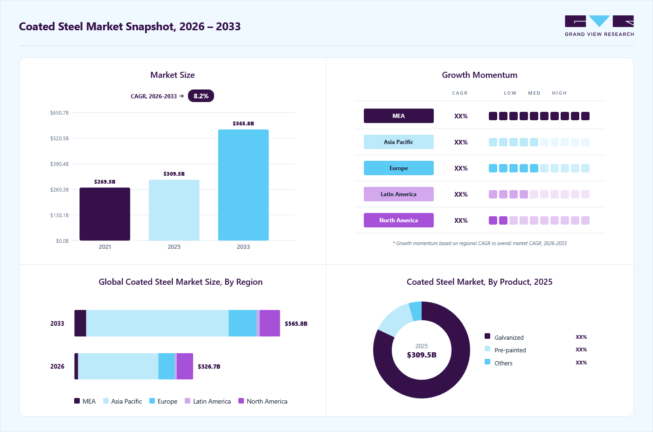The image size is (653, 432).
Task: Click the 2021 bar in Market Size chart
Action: coord(104,214)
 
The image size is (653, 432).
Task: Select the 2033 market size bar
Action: coord(243,185)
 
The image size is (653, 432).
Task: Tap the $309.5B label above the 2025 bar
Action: coord(174,174)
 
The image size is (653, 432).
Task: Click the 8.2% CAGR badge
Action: coord(201,96)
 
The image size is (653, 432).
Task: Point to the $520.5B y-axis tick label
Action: coord(60,138)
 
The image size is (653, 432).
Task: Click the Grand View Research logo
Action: coord(599,26)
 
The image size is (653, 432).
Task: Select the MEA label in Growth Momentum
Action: coord(398,116)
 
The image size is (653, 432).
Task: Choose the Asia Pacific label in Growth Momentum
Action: coord(398,142)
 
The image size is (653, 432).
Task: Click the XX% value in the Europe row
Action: coord(461,168)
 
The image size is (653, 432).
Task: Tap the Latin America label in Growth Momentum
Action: coord(398,194)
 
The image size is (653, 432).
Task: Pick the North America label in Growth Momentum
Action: coord(398,220)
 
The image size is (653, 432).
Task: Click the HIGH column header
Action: coord(559,93)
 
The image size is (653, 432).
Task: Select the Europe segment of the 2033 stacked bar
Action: coord(243,323)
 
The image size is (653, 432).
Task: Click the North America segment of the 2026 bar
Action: coord(185,366)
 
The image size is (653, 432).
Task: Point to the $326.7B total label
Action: coord(209,366)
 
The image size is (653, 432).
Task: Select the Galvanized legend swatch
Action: coord(487,336)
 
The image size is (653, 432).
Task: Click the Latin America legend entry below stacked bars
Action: coord(208,401)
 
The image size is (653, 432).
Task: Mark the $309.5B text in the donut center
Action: coord(422,355)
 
